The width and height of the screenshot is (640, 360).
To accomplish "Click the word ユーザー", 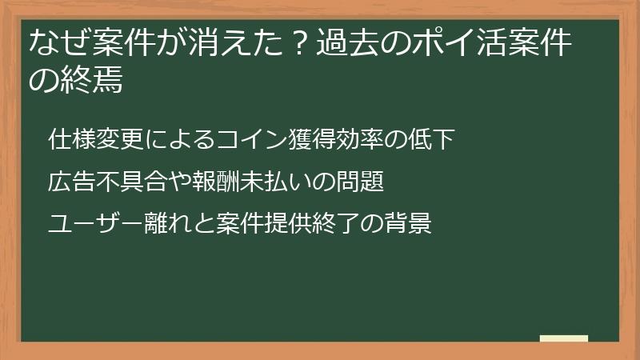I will (x=87, y=224).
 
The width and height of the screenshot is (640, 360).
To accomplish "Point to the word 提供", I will (x=305, y=224).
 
